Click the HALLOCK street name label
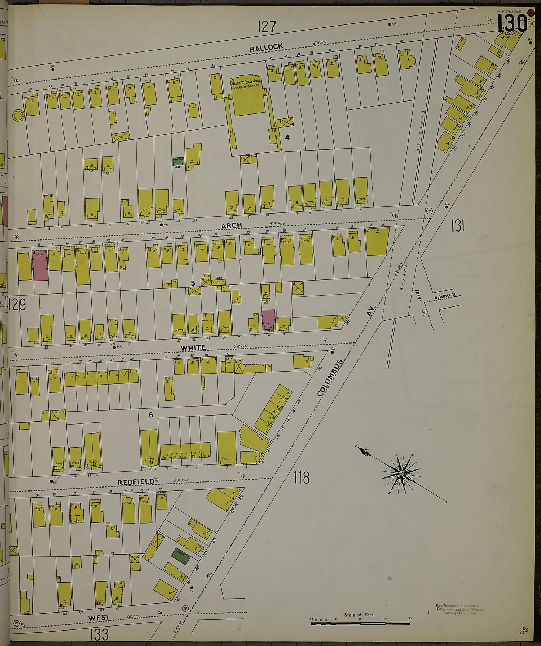click(x=267, y=48)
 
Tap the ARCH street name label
click(x=232, y=225)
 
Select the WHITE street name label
click(x=193, y=347)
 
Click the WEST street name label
click(x=98, y=618)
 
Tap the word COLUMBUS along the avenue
click(x=330, y=377)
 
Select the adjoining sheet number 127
click(x=267, y=27)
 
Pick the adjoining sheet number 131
click(x=457, y=226)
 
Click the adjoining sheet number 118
click(x=301, y=478)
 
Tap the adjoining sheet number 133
click(x=99, y=634)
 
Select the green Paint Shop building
click(x=178, y=161)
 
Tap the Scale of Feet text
click(x=359, y=615)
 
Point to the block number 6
click(x=151, y=415)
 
